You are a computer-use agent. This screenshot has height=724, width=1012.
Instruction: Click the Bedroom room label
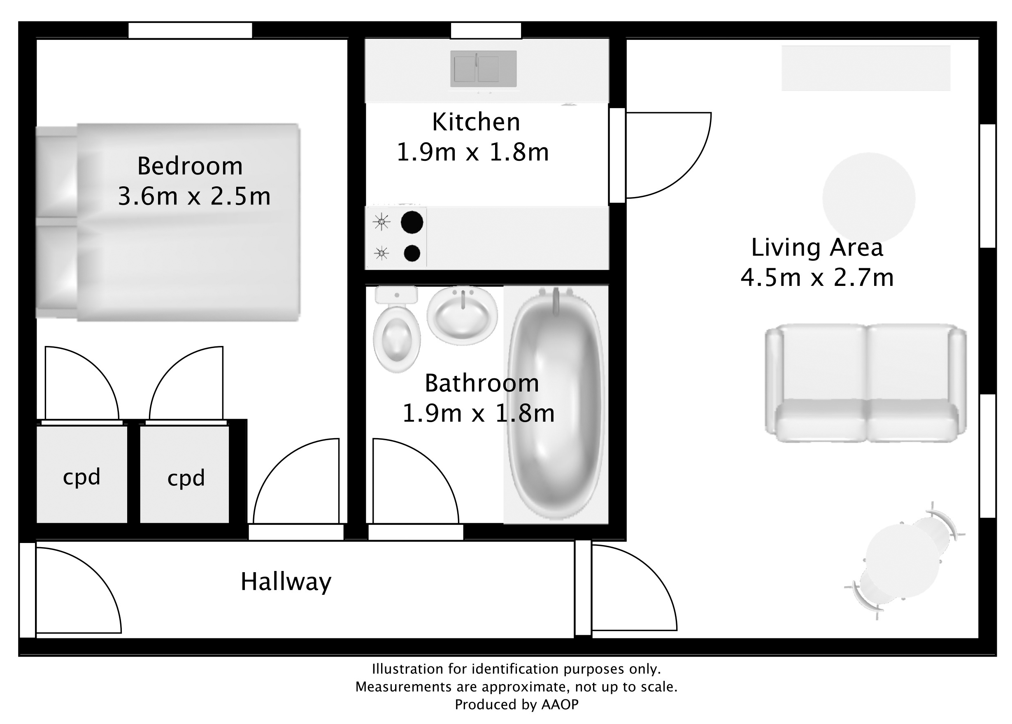[x=190, y=166]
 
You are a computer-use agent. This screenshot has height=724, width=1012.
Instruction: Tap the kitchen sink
[x=483, y=69]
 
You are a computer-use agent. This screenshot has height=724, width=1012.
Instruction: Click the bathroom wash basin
[x=462, y=316]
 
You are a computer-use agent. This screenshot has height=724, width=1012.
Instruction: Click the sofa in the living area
[x=865, y=383]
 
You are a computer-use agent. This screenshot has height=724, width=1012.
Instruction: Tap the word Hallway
[x=286, y=582]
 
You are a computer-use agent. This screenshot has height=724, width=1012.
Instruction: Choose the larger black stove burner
[x=412, y=222]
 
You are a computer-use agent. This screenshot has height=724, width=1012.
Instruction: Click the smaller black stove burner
[x=412, y=253]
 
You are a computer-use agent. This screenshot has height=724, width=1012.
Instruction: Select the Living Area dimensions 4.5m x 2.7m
[x=817, y=277]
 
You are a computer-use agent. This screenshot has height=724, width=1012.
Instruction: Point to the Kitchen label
[x=476, y=122]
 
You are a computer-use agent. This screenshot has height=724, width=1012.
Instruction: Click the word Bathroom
[x=482, y=383]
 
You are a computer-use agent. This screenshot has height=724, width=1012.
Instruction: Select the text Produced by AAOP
[x=516, y=704]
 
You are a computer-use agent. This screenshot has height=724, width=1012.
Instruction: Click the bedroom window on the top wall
[x=190, y=31]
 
